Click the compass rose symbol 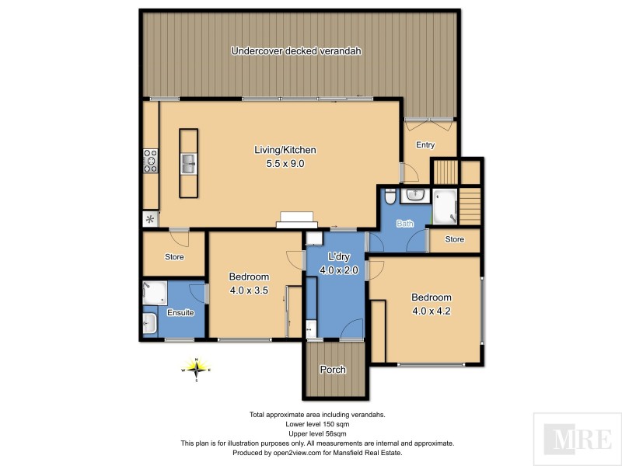point(197,370)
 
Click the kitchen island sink point(189,163)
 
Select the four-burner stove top point(149,161)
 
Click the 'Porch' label point(333,370)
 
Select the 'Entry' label point(425,145)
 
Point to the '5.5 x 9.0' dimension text point(285,164)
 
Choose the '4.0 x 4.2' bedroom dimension point(431,311)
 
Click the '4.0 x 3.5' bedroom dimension point(249,290)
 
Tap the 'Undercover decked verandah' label point(296,51)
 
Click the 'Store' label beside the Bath point(454,239)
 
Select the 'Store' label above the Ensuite point(174,257)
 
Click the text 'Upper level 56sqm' point(316,433)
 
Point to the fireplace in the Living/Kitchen point(297,220)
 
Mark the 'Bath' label point(405,224)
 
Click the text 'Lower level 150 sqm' point(316,424)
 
